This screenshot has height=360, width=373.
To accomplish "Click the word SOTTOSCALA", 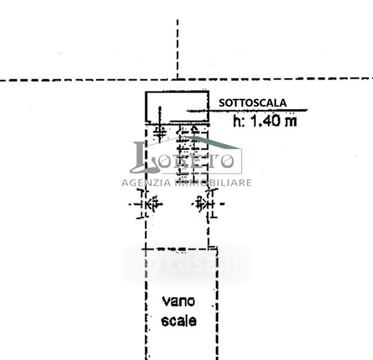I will (252, 103).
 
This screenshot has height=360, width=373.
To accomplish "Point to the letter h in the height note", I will (237, 121).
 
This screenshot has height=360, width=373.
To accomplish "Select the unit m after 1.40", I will (291, 122).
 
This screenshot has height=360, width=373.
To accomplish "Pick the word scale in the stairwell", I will (179, 320).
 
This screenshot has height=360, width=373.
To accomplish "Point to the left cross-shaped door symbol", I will (146, 205).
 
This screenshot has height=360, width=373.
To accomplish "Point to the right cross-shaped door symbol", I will (205, 205).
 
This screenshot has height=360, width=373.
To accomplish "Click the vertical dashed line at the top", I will (178, 48).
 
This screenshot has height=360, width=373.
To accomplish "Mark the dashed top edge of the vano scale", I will (180, 248).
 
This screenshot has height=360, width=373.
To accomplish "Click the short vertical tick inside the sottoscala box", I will (160, 114).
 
